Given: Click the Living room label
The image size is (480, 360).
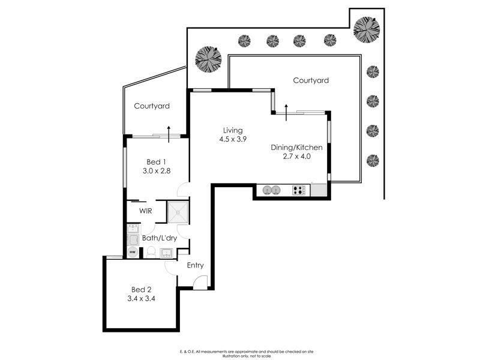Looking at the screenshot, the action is click(x=233, y=130).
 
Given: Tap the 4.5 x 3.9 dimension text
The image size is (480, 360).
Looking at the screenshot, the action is click(x=233, y=139).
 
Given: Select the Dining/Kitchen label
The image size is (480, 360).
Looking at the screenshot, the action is click(x=296, y=148).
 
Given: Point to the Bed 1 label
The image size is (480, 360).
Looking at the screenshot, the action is click(x=156, y=162).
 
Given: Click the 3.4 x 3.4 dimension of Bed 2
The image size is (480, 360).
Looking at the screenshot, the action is click(x=141, y=298).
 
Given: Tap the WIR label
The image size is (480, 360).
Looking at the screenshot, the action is click(x=145, y=211).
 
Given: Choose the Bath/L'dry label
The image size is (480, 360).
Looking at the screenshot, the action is click(x=160, y=238).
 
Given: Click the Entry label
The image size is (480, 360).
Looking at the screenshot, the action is click(x=196, y=265).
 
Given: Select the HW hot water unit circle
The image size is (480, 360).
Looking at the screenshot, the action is click(x=133, y=252).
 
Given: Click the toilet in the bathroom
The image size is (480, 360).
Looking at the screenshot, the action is click(x=151, y=252).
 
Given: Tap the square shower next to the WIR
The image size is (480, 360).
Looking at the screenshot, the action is click(x=178, y=212).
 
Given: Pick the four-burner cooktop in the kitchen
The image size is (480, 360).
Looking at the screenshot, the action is click(x=298, y=190).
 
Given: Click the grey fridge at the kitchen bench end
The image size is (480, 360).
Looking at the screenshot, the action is click(x=319, y=190).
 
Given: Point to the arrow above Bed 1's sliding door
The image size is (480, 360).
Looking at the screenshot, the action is click(x=169, y=134).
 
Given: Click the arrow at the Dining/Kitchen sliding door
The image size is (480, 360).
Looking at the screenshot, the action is click(x=286, y=112).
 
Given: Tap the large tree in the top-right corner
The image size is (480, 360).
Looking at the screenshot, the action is click(x=367, y=29).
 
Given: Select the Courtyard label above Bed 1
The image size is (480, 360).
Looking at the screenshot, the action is click(x=152, y=106).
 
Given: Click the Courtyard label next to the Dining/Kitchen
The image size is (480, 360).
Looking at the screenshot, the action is click(x=311, y=80).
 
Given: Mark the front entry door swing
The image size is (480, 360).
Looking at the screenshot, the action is click(x=201, y=282).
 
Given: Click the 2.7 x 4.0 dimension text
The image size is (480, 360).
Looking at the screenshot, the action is click(x=296, y=157).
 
